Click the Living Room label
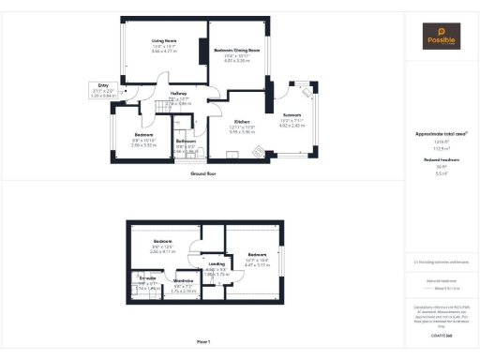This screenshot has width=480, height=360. (x=165, y=41)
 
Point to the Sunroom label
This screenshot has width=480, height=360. (x=292, y=114)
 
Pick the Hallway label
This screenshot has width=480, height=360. (x=179, y=93)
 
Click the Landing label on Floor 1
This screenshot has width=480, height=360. (x=217, y=264)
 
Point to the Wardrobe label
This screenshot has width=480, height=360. (x=184, y=280)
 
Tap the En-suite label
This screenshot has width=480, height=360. (x=147, y=278)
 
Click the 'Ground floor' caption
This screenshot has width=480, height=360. (x=203, y=173)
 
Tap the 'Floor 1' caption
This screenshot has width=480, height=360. (x=203, y=340)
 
